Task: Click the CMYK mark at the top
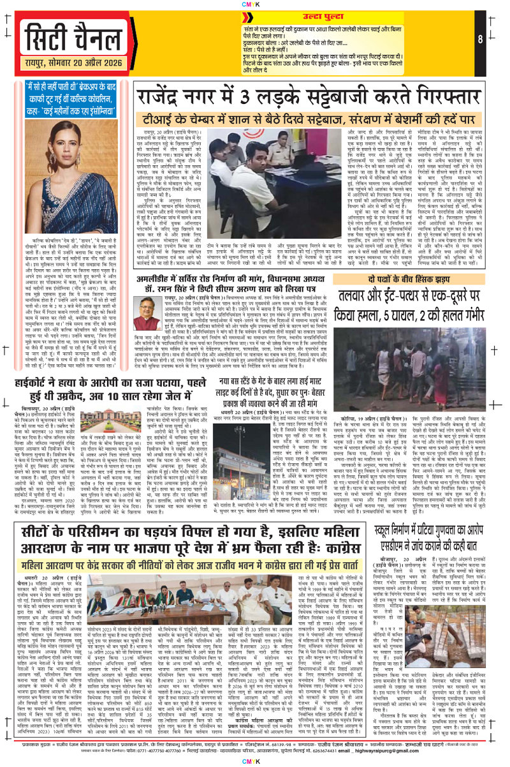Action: tap(255, 4)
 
